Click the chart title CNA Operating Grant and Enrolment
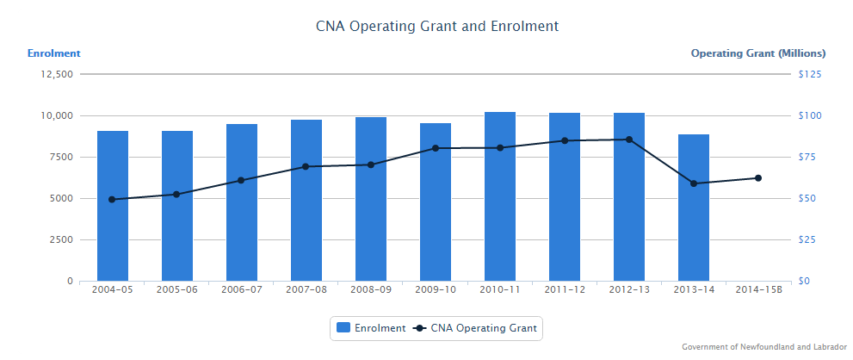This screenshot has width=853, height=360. [x=437, y=26]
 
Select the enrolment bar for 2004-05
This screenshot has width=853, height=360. [x=113, y=206]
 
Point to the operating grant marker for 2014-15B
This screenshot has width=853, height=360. [x=758, y=178]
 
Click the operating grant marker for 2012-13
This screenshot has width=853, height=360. [x=629, y=140]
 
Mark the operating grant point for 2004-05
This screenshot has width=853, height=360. [x=112, y=200]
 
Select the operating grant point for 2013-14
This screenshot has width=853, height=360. [x=694, y=183]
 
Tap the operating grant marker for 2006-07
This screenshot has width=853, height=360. [x=241, y=181]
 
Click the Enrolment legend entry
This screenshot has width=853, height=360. [x=371, y=328]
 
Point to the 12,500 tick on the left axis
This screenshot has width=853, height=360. [x=58, y=74]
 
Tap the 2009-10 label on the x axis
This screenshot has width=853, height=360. [x=436, y=289]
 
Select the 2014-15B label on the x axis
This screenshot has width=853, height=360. [x=758, y=289]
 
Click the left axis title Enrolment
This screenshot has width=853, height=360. [x=54, y=53]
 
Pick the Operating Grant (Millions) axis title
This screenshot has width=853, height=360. [x=758, y=53]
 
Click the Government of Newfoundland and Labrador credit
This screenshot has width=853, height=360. [x=758, y=347]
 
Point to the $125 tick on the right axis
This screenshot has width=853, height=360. [x=810, y=74]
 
